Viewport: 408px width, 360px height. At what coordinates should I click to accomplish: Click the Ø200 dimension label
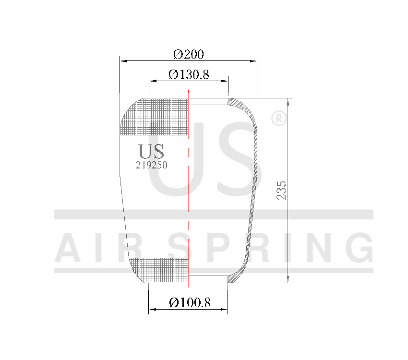click(x=189, y=54)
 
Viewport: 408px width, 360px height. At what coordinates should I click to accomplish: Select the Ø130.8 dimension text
click(x=189, y=75)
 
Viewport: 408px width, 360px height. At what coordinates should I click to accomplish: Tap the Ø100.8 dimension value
click(x=190, y=303)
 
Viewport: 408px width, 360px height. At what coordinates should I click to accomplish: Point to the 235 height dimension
click(x=282, y=191)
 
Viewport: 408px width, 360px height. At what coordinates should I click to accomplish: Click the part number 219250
click(x=152, y=164)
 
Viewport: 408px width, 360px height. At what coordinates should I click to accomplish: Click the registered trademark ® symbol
click(x=279, y=119)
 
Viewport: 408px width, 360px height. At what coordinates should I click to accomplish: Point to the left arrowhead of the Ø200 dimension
click(x=123, y=61)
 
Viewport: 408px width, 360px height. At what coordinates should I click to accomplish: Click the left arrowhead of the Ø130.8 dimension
click(x=152, y=81)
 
